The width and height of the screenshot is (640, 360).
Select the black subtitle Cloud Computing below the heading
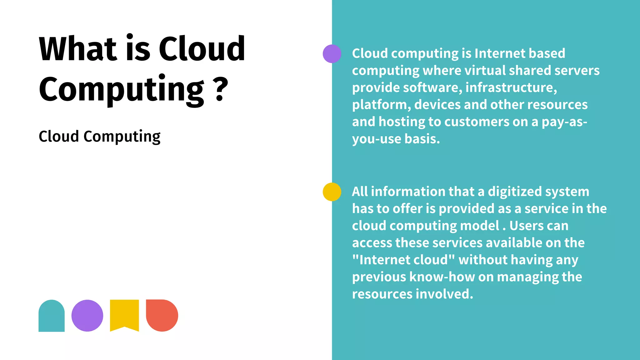click(99, 137)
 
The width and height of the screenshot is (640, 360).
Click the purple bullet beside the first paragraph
click(332, 54)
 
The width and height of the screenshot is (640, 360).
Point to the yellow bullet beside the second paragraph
click(332, 192)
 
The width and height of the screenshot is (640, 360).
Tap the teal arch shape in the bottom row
click(52, 316)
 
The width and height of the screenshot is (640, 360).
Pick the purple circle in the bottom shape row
click(87, 316)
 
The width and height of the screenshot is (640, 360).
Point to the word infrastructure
click(511, 87)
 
